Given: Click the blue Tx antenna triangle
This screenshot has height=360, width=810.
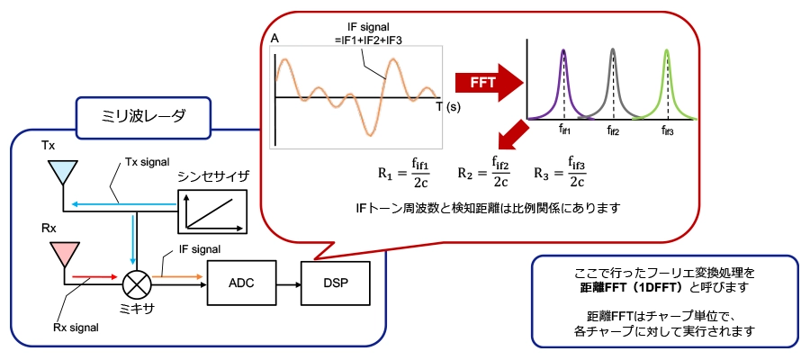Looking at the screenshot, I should click(x=62, y=170).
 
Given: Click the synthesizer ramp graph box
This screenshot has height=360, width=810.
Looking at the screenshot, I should click(x=211, y=209).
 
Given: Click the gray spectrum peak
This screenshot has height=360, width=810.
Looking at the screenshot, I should click(x=614, y=76).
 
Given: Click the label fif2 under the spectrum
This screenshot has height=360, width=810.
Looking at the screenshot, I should click(x=614, y=131).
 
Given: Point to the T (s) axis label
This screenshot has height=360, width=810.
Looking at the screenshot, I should click(x=447, y=106).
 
